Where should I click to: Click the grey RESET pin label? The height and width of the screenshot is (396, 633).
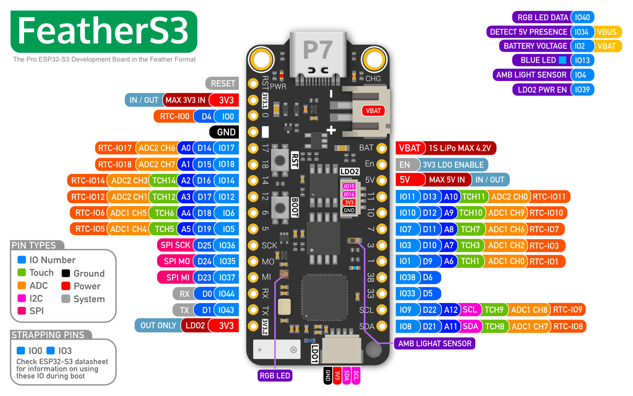click(222, 84)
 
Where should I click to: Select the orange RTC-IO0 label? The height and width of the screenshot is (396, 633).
click(175, 117)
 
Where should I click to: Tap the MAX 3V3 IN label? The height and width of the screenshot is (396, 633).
click(185, 100)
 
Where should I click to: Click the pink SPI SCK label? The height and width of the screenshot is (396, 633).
click(175, 245)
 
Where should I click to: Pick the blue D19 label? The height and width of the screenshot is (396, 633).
click(204, 229)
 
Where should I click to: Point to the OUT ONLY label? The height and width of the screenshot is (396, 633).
click(158, 326)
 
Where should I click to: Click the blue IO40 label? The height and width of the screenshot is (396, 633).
click(582, 17)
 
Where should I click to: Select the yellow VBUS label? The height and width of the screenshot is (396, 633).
click(607, 32)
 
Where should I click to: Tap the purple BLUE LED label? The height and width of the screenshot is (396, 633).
click(538, 60)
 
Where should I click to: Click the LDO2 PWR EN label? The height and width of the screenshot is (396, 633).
click(542, 90)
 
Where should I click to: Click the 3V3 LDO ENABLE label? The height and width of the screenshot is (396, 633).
click(453, 165)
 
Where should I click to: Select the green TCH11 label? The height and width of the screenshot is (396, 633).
click(473, 197)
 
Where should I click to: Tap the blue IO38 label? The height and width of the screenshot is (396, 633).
click(407, 278)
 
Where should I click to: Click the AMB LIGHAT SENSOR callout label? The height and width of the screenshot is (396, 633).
click(434, 344)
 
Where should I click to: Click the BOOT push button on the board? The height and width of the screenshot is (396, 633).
click(280, 207)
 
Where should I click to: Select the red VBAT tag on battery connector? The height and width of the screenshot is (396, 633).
click(373, 111)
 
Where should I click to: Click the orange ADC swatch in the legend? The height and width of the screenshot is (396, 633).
click(21, 286)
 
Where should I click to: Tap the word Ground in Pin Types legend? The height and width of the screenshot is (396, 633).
click(89, 274)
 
